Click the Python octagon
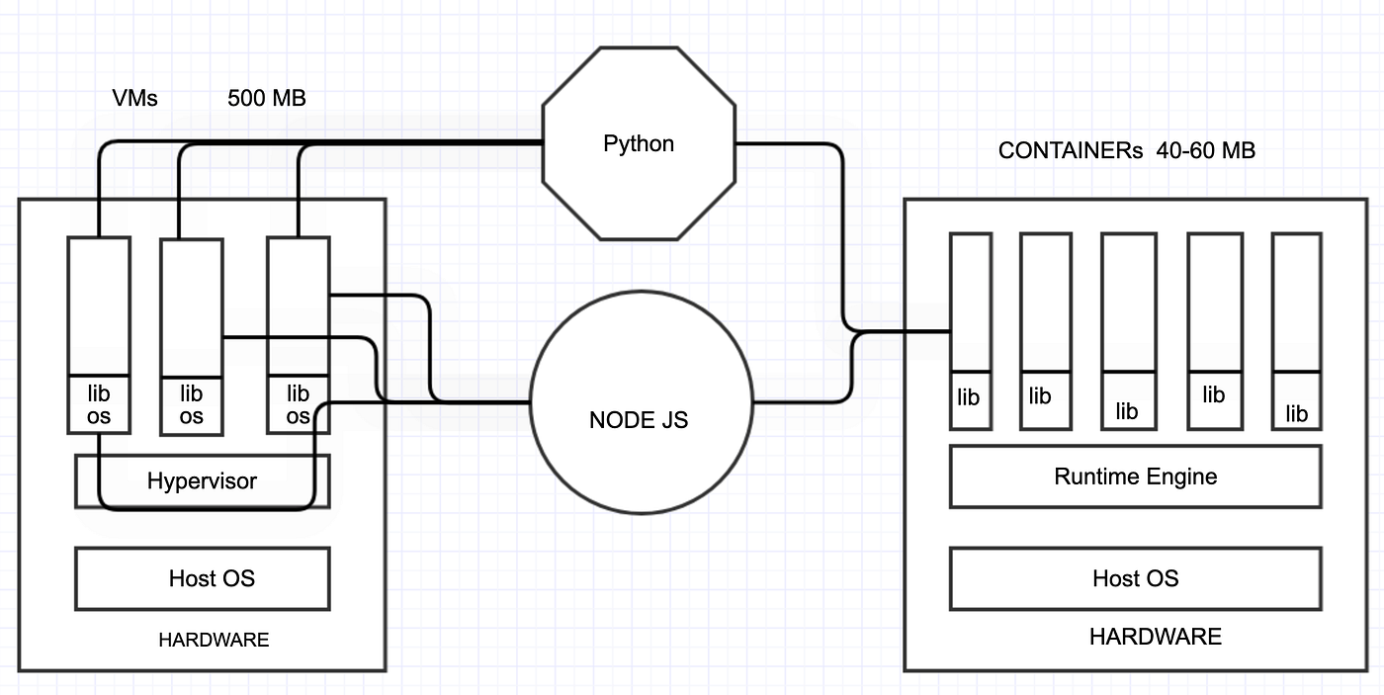coord(639,143)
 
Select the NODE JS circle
coord(639,419)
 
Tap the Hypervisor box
coord(202,481)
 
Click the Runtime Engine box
coord(1135,477)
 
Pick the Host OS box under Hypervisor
coord(202,578)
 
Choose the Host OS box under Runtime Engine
coord(1135,578)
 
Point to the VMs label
coord(135,99)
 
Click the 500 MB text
coord(267,99)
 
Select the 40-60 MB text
coord(1206,151)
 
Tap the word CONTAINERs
coord(1071,151)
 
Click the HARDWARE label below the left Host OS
coord(214,641)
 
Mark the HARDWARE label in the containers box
coord(1155,637)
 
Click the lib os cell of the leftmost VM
coord(98,404)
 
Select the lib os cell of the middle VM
coord(191,404)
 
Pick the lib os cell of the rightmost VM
coord(298,404)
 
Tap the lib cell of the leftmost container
coord(970,399)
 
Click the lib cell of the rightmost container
coord(1296,401)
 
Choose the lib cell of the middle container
coord(1127,400)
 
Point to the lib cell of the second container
coord(1040,399)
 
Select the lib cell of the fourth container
coord(1214,399)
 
